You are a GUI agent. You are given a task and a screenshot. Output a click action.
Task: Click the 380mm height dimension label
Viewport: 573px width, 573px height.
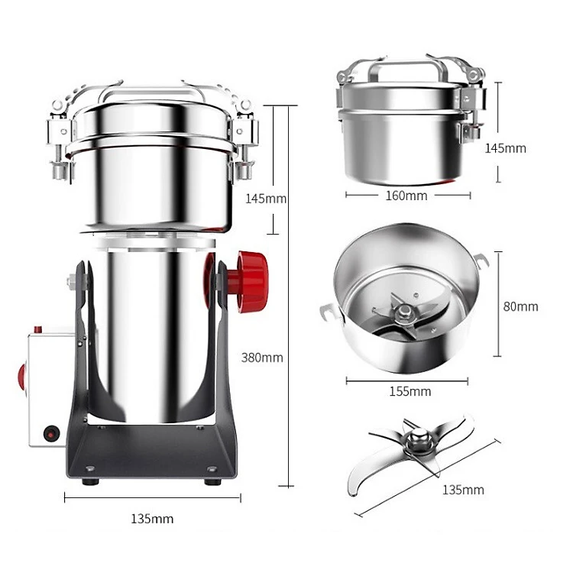262,358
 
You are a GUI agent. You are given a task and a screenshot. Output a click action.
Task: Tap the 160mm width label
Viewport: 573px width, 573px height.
406,196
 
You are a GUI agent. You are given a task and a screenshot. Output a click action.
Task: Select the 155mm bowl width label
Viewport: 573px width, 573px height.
410,391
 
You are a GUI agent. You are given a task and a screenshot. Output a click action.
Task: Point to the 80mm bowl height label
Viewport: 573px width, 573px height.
520,306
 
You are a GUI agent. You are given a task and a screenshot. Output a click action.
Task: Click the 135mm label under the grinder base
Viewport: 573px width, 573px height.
152,519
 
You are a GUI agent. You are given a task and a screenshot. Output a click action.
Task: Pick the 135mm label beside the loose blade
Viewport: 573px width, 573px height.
463,490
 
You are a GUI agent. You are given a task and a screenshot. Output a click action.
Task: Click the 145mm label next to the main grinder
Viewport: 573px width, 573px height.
266,199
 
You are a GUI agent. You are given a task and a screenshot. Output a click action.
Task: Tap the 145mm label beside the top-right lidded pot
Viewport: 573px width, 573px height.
506,148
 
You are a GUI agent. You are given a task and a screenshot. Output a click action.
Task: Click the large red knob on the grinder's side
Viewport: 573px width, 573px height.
251,281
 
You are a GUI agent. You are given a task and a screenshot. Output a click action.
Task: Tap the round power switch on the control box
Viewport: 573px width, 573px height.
50,434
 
